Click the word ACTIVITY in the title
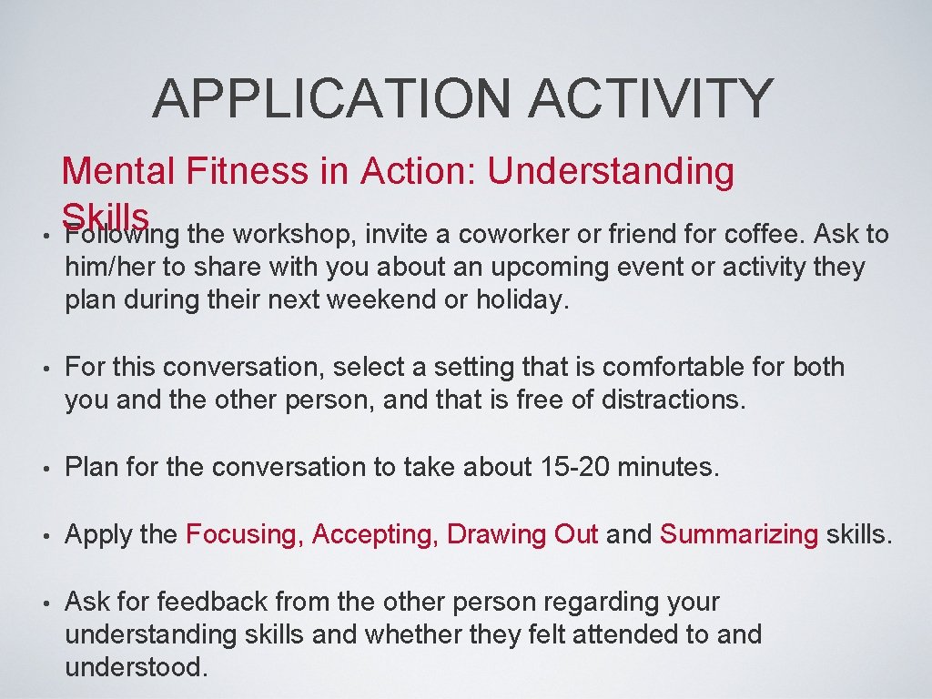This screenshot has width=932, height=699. click(x=651, y=98)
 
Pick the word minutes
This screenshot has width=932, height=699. click(x=673, y=468)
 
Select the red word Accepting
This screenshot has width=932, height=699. click(x=375, y=534)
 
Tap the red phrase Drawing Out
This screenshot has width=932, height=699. click(x=522, y=534)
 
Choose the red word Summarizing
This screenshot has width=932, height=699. click(x=739, y=534)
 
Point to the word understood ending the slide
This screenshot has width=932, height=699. click(x=136, y=667)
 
